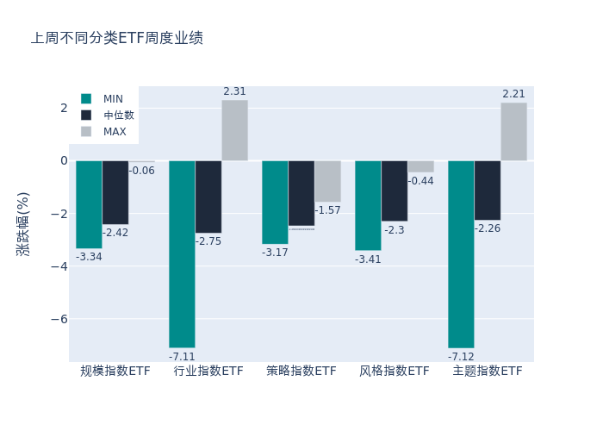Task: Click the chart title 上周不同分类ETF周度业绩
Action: [117, 38]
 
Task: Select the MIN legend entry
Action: [113, 99]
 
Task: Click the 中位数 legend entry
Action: [118, 116]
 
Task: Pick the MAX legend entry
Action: [115, 132]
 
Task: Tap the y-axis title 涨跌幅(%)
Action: [23, 223]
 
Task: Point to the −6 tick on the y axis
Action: [60, 319]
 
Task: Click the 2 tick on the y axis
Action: [64, 108]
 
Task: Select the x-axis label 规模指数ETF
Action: [115, 372]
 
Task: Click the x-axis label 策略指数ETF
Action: [301, 372]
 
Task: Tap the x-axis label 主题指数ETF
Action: [488, 372]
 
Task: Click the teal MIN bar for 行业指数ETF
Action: [182, 253]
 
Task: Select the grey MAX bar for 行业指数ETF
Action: [234, 130]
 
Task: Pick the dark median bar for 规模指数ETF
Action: [115, 192]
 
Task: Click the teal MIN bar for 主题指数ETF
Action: [461, 253]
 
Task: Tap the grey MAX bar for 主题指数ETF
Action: [513, 131]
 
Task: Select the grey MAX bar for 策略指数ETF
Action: [327, 181]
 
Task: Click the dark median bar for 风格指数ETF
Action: [395, 191]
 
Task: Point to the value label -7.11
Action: [182, 357]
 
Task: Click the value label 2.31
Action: [234, 91]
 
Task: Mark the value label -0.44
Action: [421, 181]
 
